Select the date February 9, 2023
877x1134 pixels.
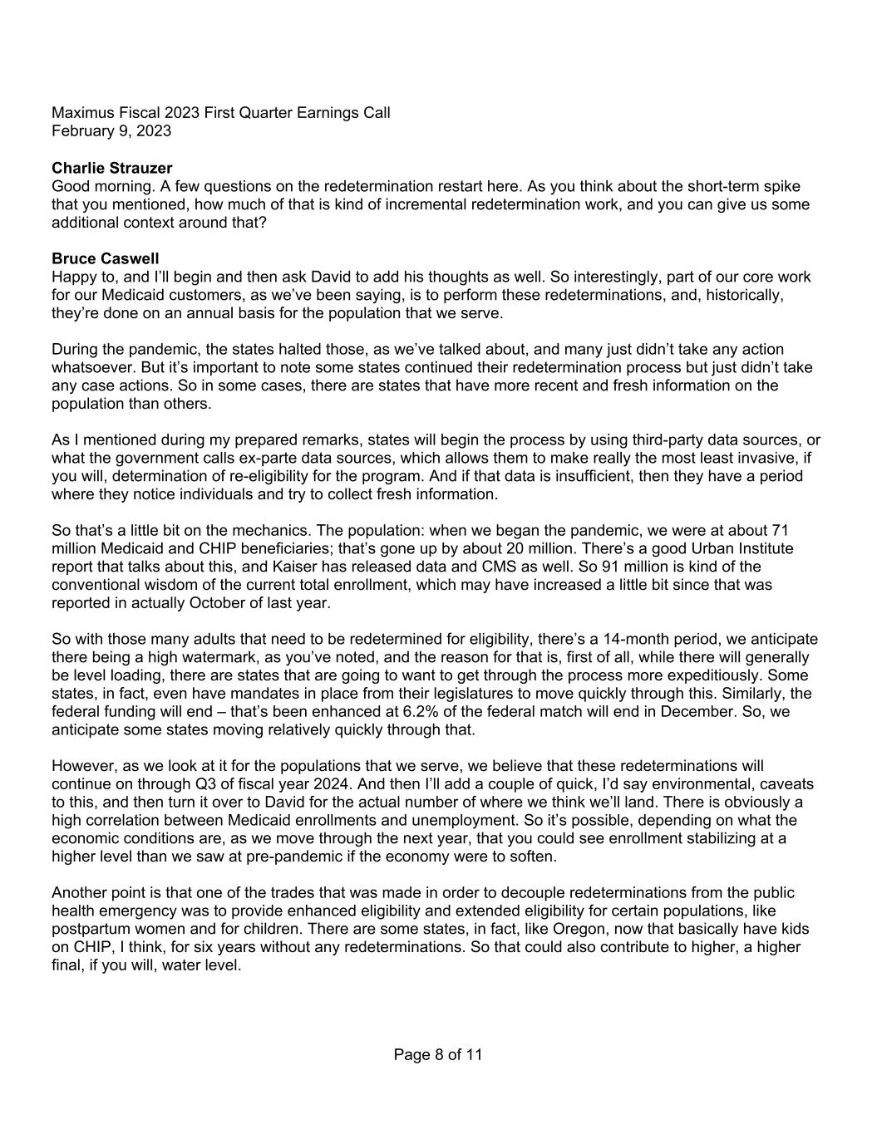(111, 131)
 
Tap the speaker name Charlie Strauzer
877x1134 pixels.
(111, 169)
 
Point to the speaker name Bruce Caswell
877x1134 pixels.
(105, 259)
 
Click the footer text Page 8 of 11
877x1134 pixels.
(438, 1055)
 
